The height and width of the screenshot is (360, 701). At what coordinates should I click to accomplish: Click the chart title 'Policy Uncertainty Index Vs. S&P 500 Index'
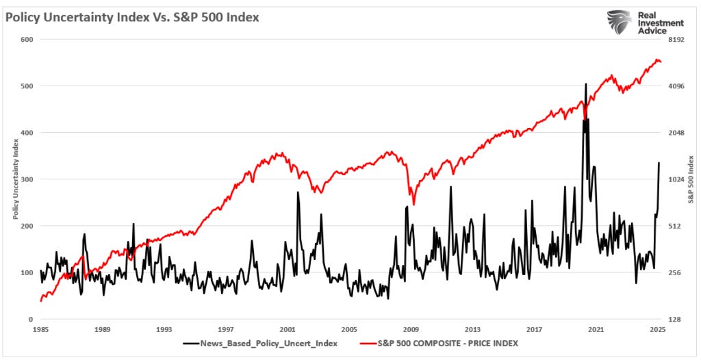tap(132, 18)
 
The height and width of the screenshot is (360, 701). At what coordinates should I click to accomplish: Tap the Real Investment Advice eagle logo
tap(619, 23)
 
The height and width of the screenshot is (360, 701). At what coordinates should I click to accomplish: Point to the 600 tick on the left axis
tap(27, 40)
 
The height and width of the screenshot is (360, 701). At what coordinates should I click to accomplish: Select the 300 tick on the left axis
tap(27, 179)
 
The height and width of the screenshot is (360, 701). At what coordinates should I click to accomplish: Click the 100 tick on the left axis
tap(27, 272)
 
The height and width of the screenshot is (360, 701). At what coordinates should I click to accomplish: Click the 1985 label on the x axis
tap(40, 329)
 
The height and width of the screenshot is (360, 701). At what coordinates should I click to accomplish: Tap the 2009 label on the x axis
tap(411, 329)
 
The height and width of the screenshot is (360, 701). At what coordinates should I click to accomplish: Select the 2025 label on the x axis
tap(658, 329)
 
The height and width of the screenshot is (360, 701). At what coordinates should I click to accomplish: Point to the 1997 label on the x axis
tap(226, 329)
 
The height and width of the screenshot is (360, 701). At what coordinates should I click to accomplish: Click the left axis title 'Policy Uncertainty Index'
tap(15, 179)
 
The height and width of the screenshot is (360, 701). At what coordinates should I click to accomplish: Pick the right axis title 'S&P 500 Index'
tap(691, 179)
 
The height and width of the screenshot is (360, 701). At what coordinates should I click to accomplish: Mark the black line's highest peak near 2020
tap(585, 84)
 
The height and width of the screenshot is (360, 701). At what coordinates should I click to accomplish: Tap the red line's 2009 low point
tap(413, 203)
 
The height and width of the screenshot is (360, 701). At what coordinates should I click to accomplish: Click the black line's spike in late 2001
tap(298, 192)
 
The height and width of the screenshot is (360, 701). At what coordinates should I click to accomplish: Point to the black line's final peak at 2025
tap(659, 163)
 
